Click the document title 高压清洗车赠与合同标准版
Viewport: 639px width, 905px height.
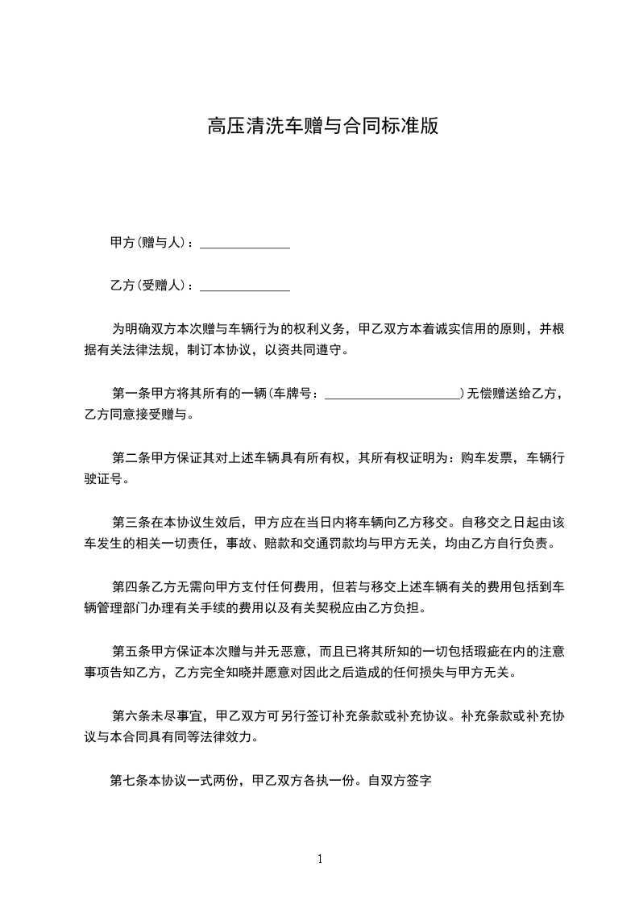(322, 127)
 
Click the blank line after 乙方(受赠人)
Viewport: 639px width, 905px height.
(244, 286)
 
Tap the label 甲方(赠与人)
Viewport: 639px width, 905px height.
(151, 243)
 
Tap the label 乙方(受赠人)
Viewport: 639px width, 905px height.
(151, 286)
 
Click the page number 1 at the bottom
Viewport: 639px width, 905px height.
(320, 859)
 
